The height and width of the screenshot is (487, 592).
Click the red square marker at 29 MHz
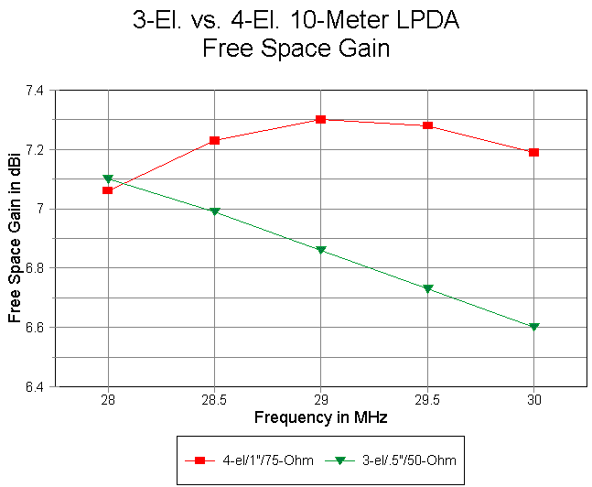point(321,119)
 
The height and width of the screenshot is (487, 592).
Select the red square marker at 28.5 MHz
point(214,140)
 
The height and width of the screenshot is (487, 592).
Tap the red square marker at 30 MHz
point(534,152)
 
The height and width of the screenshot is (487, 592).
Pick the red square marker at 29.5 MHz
point(427,125)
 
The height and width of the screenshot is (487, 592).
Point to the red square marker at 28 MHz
point(108,190)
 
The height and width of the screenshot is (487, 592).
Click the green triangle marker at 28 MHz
point(108,179)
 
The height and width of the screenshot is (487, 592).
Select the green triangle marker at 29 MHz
point(321,250)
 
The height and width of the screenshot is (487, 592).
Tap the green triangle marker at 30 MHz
point(534,327)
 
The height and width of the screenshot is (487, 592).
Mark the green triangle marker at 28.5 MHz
point(214,211)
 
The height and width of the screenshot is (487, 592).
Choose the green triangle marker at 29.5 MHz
point(427,289)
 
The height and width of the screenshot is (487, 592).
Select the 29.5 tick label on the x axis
point(427,400)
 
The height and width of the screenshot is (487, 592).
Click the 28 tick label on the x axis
point(108,400)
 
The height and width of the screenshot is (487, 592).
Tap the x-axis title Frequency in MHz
point(320,417)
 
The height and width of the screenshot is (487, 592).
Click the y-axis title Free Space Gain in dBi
point(15,238)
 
